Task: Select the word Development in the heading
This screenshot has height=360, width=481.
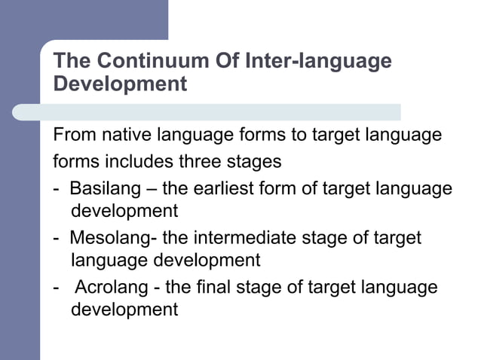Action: pos(120,83)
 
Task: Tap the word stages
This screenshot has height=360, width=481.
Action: pos(256,162)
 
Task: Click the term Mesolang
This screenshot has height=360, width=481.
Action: pos(107,238)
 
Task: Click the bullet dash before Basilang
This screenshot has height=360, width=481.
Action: pos(56,188)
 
